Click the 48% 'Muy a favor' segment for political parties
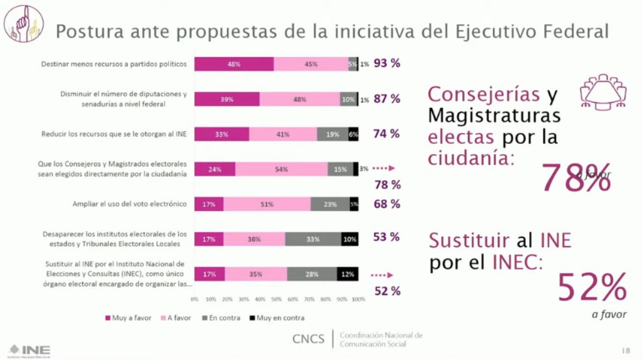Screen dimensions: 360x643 (x=234, y=64)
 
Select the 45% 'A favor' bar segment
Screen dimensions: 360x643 (x=311, y=64)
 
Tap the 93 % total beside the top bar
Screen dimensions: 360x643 (x=387, y=64)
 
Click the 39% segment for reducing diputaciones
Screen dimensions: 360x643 (x=226, y=99)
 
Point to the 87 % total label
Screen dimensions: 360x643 (x=387, y=99)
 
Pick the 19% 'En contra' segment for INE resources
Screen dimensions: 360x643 (x=332, y=134)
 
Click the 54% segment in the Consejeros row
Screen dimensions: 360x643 (x=281, y=168)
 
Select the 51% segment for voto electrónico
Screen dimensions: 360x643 (x=266, y=203)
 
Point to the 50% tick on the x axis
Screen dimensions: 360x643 (x=276, y=299)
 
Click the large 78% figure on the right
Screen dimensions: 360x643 (x=576, y=177)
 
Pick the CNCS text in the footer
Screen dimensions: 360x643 (x=309, y=339)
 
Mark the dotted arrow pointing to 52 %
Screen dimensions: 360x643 (x=381, y=274)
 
